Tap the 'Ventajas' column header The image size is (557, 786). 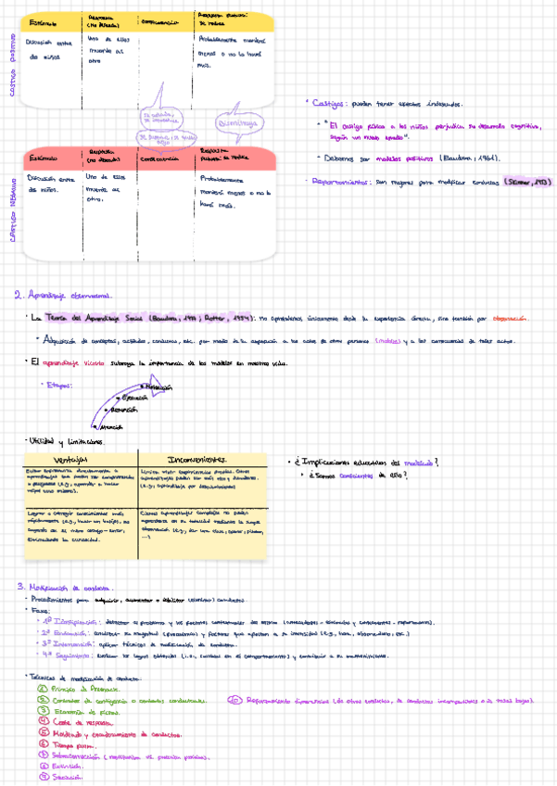70,458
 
